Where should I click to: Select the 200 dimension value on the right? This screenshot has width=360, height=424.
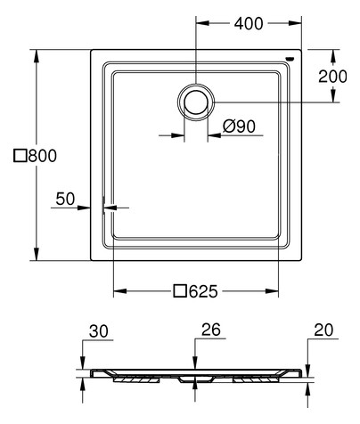pyautogui.click(x=332, y=76)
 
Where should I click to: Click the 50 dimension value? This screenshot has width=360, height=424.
pyautogui.click(x=65, y=200)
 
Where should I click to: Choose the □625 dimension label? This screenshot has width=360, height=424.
pyautogui.click(x=195, y=289)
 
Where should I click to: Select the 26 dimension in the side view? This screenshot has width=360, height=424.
pyautogui.click(x=210, y=330)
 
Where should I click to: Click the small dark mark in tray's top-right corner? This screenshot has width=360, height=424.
pyautogui.click(x=287, y=60)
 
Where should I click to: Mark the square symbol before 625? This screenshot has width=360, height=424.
pyautogui.click(x=178, y=289)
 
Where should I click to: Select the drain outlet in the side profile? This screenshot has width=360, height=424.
pyautogui.click(x=195, y=378)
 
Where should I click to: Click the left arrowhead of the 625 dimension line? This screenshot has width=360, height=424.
pyautogui.click(x=118, y=290)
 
